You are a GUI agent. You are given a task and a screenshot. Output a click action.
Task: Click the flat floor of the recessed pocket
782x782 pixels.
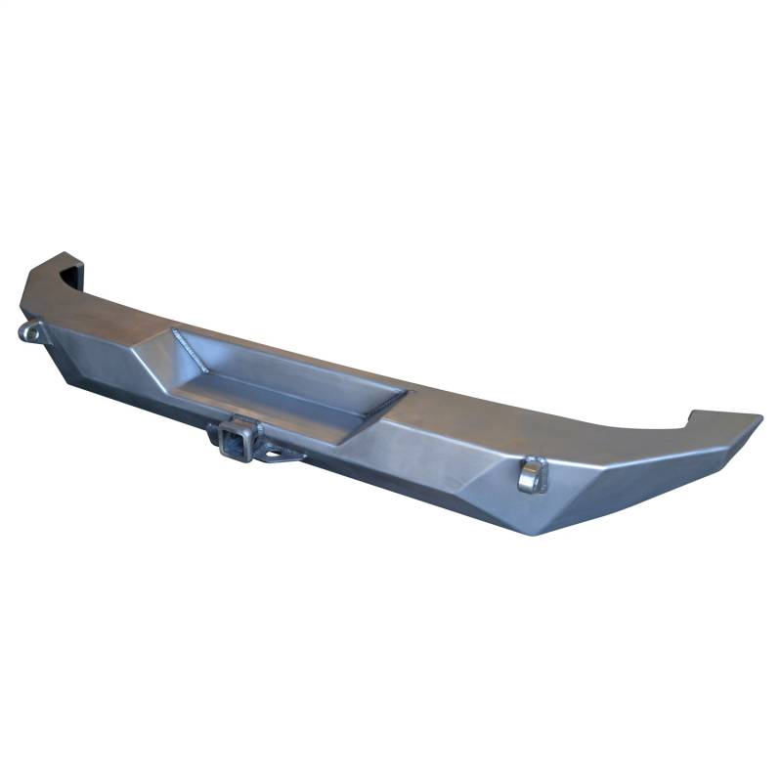[283, 396]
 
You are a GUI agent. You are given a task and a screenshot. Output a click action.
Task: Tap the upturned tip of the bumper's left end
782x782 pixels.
[59, 258]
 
